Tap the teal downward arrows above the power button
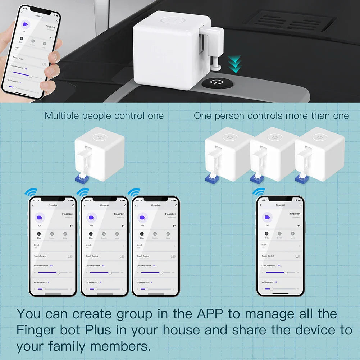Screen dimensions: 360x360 tap(235, 64)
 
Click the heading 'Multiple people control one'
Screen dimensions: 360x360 tap(104, 116)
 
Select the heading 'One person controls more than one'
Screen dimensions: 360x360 tap(271, 116)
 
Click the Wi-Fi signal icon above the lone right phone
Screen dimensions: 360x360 tap(259, 191)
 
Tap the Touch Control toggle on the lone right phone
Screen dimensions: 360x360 tap(297, 256)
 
